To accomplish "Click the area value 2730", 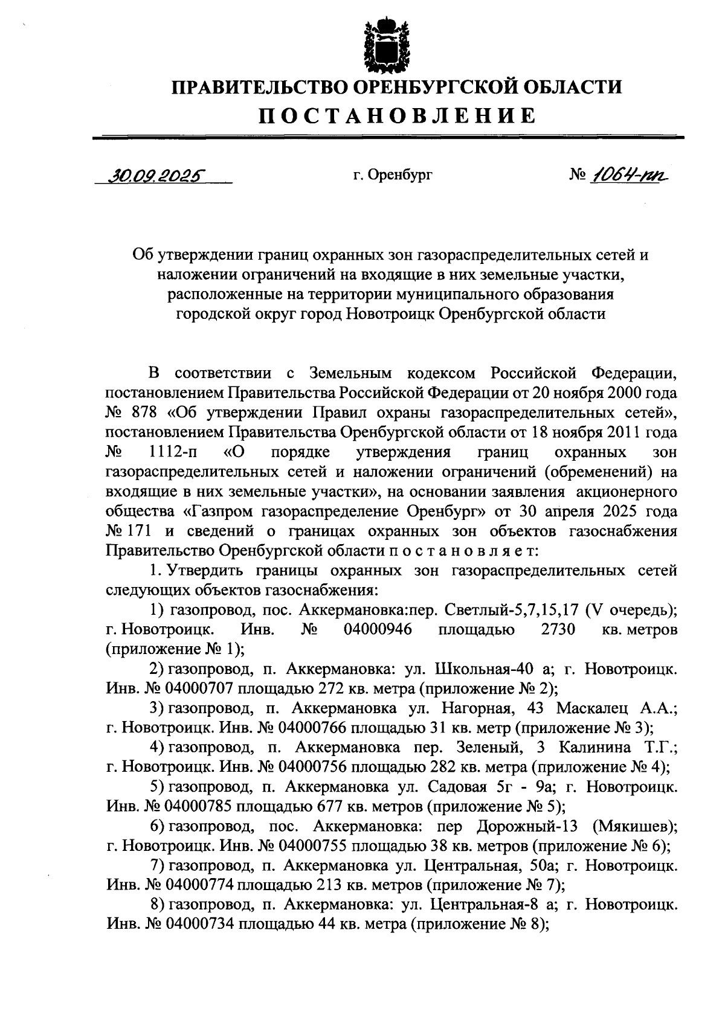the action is pyautogui.click(x=558, y=629).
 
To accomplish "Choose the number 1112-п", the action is pyautogui.click(x=176, y=452).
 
